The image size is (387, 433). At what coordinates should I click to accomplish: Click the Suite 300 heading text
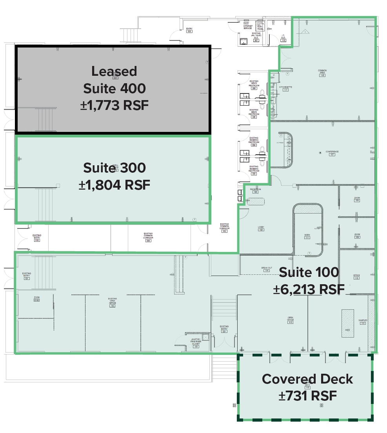tap(114, 168)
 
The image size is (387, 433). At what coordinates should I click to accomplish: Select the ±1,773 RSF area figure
tap(114, 105)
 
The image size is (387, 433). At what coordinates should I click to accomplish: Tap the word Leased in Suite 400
tap(114, 71)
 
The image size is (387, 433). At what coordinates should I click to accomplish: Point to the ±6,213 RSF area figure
tap(309, 289)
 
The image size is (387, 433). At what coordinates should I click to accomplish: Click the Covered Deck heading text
tap(307, 379)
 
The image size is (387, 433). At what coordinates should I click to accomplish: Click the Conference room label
tap(332, 152)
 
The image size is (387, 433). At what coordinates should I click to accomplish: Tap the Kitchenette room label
tap(285, 87)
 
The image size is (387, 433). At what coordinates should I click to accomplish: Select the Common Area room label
tap(322, 72)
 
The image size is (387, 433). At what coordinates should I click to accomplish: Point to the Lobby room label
tap(261, 228)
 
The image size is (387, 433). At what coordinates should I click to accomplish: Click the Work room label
tap(307, 236)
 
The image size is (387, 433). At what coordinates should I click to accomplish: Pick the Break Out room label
tap(267, 269)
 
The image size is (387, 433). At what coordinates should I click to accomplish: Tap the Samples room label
tap(363, 321)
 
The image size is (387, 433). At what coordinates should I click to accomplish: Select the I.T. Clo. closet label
tap(283, 38)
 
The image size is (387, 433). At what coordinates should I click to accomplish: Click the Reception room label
tap(256, 190)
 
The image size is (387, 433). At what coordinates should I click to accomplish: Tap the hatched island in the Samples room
tap(347, 323)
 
